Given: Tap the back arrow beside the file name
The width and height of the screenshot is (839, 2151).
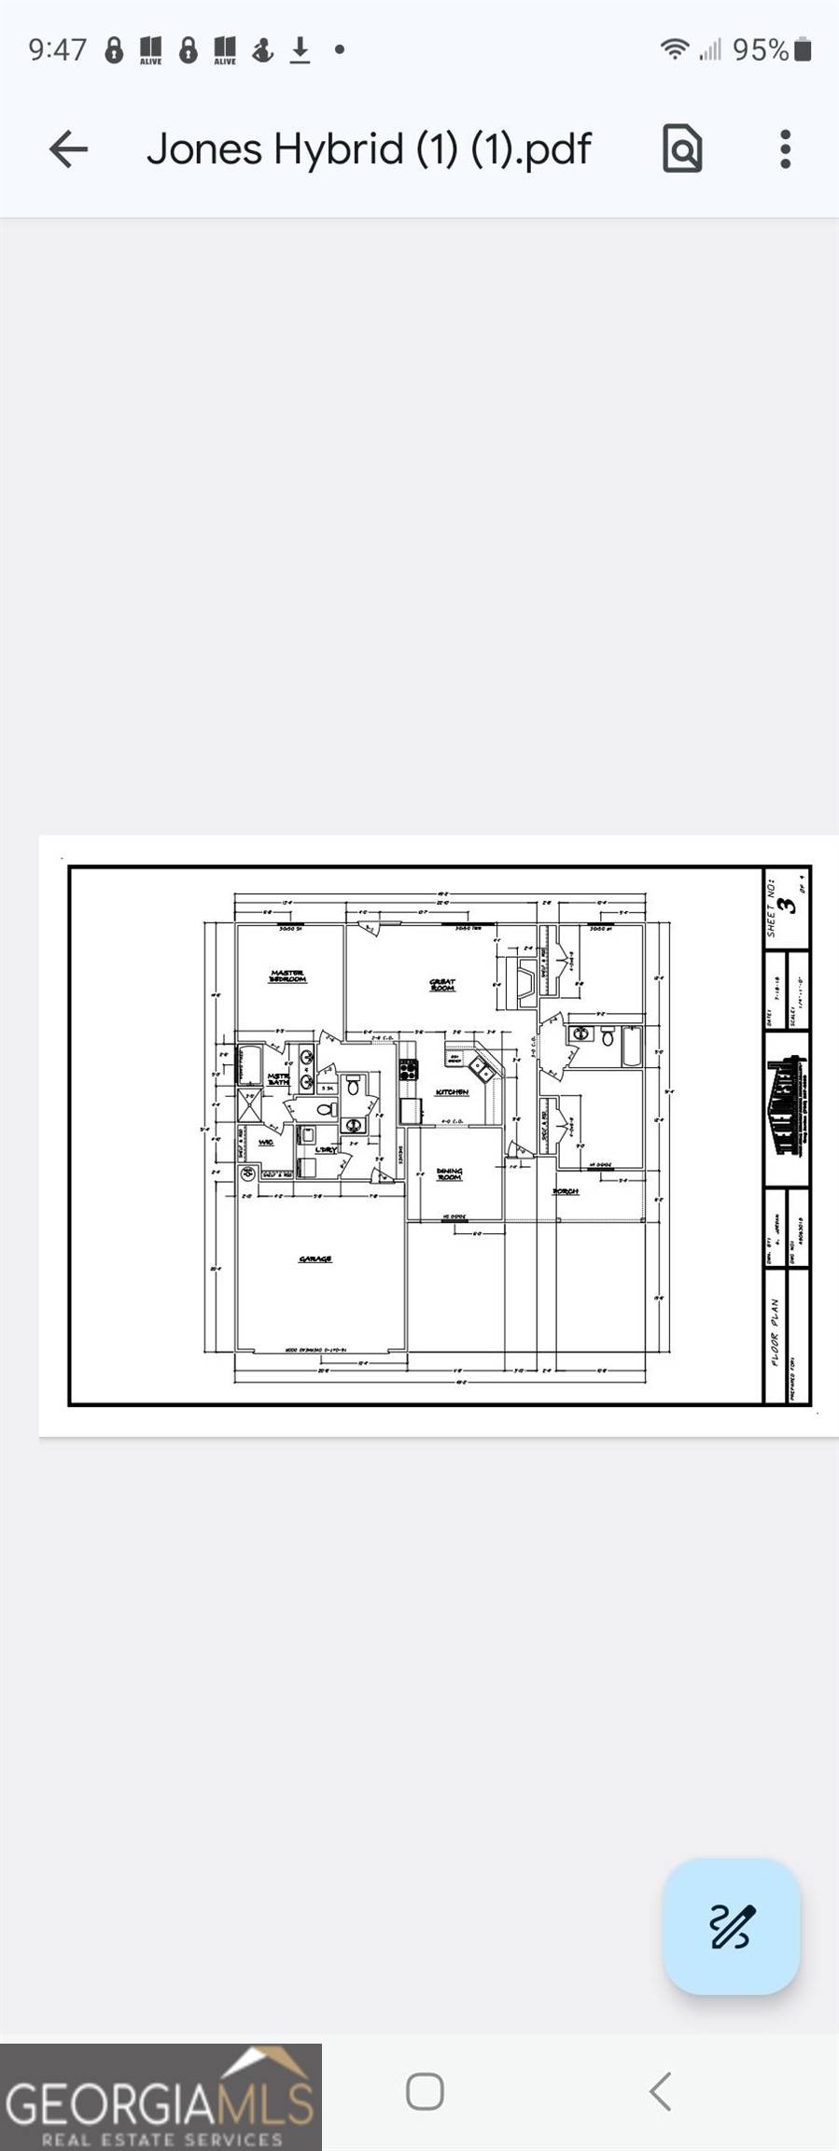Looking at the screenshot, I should click(x=68, y=149).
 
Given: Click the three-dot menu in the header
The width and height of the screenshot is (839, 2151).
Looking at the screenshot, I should click(x=785, y=149).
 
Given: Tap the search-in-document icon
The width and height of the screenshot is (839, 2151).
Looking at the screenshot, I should click(x=682, y=149).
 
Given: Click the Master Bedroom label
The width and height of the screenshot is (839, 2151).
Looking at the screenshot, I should click(x=287, y=977).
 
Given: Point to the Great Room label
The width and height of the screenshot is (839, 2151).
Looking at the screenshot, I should click(x=442, y=984).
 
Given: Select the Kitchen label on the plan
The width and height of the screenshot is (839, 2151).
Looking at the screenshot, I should click(x=452, y=1092).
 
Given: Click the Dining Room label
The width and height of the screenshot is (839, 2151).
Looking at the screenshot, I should click(x=449, y=1174).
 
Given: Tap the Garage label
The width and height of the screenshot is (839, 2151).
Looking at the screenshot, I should click(x=315, y=1259).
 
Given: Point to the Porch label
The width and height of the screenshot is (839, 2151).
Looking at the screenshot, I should click(x=566, y=1191).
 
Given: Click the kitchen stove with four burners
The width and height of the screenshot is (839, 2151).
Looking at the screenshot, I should click(x=408, y=1070).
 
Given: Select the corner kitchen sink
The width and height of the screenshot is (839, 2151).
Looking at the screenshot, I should click(x=483, y=1068).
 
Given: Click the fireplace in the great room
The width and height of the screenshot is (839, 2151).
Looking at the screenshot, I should click(x=524, y=983).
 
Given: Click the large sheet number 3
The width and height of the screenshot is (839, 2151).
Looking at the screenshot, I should click(x=790, y=905).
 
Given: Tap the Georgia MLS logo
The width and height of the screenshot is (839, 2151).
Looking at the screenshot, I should click(x=161, y=2099).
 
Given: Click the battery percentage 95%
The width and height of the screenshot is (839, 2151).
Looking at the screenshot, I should click(x=760, y=50).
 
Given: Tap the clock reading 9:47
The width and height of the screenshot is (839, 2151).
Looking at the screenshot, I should click(x=57, y=50).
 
